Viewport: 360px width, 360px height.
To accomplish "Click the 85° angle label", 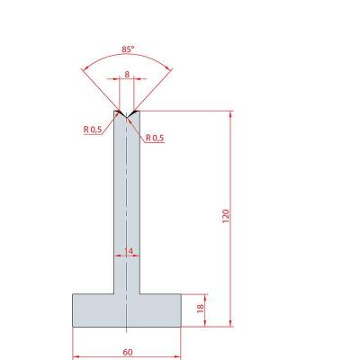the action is pyautogui.click(x=127, y=49).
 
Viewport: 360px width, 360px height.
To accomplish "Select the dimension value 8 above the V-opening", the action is pyautogui.click(x=127, y=74).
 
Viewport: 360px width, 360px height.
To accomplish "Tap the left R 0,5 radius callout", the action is pyautogui.click(x=93, y=130).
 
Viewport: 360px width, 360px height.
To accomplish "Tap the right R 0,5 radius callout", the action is pyautogui.click(x=155, y=138).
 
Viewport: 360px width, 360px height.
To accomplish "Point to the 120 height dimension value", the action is pyautogui.click(x=226, y=216).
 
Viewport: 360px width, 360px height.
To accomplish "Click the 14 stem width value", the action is pyautogui.click(x=128, y=251).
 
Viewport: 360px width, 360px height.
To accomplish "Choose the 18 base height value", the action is pyautogui.click(x=200, y=308).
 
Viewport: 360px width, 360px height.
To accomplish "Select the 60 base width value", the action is pyautogui.click(x=128, y=352).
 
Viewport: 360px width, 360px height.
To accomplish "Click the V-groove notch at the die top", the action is pyautogui.click(x=127, y=113).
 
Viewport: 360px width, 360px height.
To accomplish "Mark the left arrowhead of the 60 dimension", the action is pyautogui.click(x=76, y=356).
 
